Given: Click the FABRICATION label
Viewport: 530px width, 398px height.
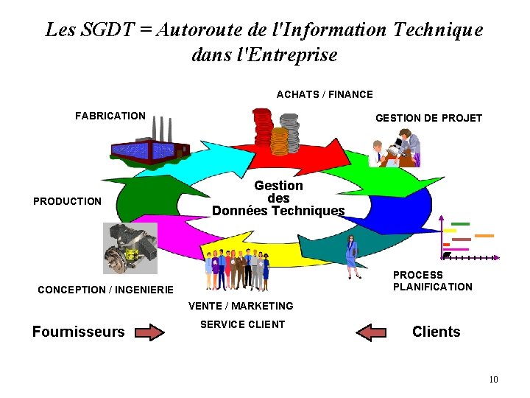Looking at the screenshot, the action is pyautogui.click(x=110, y=116).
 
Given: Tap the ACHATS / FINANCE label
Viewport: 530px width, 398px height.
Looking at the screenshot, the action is pyautogui.click(x=325, y=94).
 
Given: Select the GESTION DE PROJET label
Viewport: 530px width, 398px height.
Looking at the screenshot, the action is pyautogui.click(x=428, y=118).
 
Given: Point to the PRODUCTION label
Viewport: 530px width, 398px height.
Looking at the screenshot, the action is pyautogui.click(x=67, y=201).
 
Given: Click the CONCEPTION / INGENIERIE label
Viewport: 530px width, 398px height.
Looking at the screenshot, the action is pyautogui.click(x=105, y=290).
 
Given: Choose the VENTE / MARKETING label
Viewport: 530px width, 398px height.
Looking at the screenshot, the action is pyautogui.click(x=241, y=306).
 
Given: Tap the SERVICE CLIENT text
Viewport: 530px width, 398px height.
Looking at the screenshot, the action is pyautogui.click(x=242, y=324).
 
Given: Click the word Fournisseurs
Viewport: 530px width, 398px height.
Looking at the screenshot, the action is pyautogui.click(x=79, y=332).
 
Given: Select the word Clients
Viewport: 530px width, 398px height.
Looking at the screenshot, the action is pyautogui.click(x=436, y=332).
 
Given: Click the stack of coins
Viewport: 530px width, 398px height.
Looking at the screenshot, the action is pyautogui.click(x=275, y=132).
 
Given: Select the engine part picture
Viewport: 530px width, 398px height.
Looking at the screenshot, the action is pyautogui.click(x=130, y=248).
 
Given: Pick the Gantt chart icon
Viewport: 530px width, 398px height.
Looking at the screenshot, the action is pyautogui.click(x=468, y=239).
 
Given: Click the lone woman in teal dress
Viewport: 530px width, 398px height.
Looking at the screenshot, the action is pyautogui.click(x=353, y=256).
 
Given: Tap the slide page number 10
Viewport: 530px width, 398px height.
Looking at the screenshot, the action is pyautogui.click(x=493, y=379).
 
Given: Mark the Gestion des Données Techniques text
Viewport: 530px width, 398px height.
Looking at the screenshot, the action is pyautogui.click(x=278, y=198).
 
